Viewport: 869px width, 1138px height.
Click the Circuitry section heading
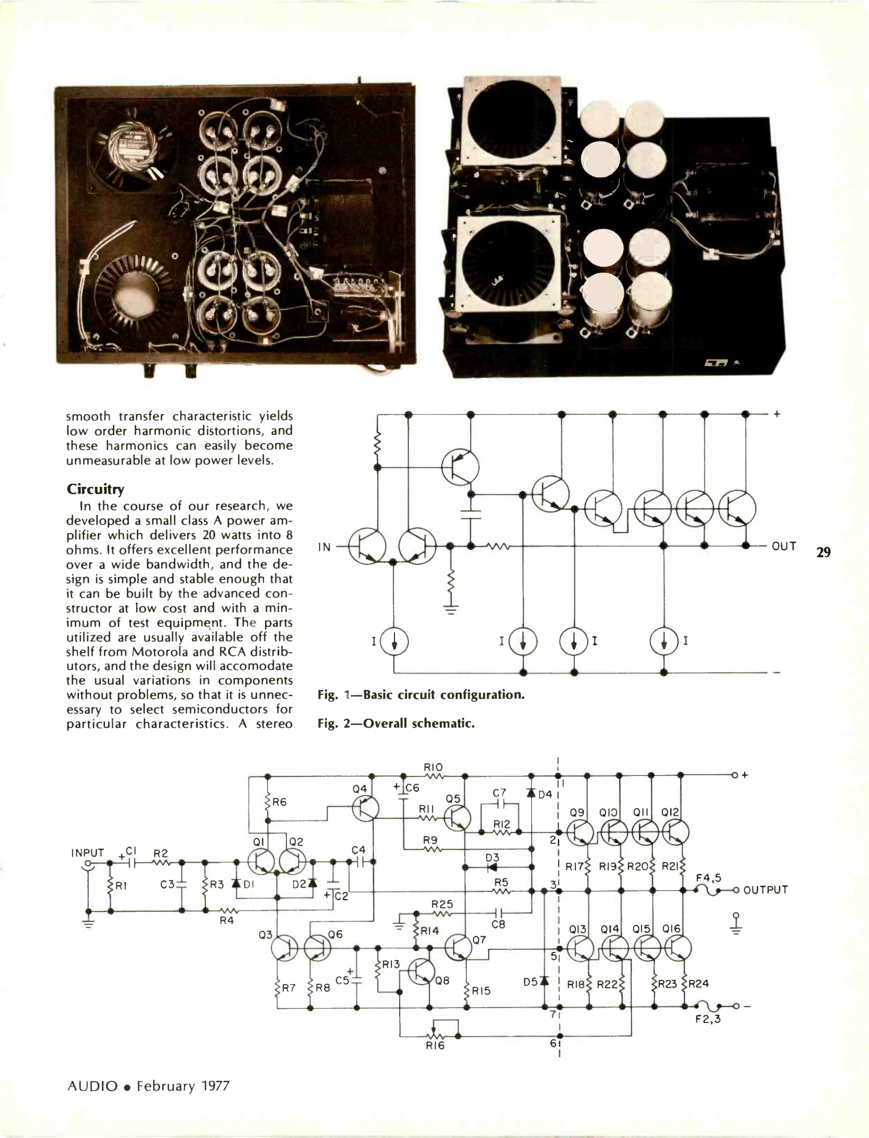point(95,489)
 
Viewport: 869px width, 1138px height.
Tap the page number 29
point(823,552)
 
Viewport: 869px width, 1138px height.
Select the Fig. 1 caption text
point(421,695)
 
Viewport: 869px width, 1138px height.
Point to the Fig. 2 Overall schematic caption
point(396,723)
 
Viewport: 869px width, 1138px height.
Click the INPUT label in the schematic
point(87,853)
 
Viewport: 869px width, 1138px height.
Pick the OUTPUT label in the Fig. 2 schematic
point(765,890)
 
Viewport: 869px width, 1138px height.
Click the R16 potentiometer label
point(435,1046)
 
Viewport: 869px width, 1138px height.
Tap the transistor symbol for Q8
point(422,972)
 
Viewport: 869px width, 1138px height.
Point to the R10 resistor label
point(433,768)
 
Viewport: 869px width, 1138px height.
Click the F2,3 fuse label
point(708,1019)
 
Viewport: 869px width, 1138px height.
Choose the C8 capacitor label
point(498,924)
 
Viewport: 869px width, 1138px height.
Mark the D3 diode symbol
point(492,867)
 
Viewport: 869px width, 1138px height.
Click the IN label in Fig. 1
point(324,547)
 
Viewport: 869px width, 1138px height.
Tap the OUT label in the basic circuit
point(784,546)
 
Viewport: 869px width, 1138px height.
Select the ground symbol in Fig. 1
point(451,610)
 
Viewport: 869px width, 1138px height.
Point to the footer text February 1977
point(182,1086)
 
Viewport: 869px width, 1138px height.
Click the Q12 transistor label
point(670,812)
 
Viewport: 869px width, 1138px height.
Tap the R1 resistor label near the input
point(121,886)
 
